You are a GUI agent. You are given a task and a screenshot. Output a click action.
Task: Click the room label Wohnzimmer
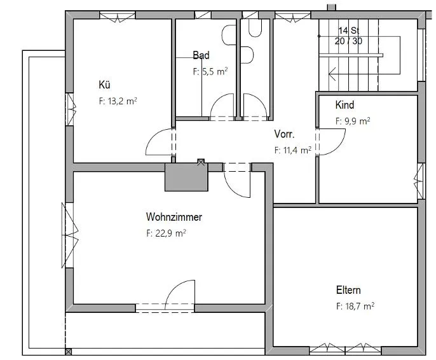174,217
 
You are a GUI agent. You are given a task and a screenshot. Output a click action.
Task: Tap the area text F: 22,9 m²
166,233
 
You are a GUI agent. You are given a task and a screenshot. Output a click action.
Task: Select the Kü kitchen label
104,85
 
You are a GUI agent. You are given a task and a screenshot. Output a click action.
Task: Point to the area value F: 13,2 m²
118,101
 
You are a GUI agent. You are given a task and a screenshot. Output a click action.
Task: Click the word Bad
201,55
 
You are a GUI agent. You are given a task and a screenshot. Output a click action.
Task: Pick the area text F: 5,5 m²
210,71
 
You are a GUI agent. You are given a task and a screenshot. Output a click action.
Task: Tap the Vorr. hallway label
284,134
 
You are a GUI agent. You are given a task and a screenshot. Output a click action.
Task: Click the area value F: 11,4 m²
293,151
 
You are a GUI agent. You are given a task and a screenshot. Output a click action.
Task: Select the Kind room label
344,105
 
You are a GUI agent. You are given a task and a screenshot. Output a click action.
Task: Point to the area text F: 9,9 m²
353,121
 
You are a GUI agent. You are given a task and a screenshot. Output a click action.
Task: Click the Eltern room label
348,290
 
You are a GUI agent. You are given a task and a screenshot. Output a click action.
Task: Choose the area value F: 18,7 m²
355,307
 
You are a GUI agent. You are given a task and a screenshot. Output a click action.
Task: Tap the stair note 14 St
349,31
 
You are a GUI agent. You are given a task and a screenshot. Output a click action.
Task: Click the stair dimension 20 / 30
349,41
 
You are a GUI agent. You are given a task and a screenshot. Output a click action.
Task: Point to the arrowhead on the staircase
332,74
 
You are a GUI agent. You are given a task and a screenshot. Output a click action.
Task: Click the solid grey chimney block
186,177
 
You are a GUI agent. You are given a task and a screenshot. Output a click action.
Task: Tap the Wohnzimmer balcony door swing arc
174,288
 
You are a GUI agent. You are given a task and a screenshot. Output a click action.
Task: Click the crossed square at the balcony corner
69,352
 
